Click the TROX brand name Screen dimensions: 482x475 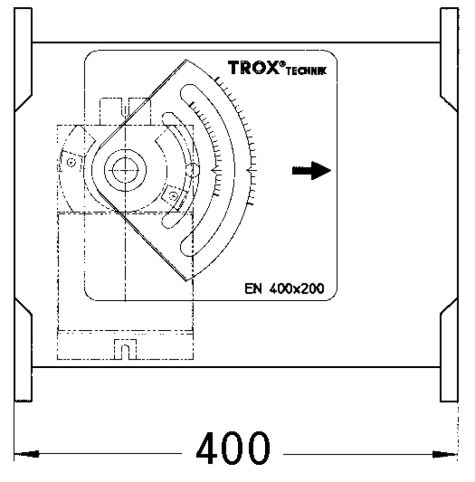click(x=254, y=67)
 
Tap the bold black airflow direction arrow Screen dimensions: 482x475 click(x=312, y=170)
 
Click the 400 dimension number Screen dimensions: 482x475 click(x=233, y=448)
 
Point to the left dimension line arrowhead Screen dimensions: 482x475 click(x=27, y=454)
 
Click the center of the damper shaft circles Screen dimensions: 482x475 click(x=125, y=170)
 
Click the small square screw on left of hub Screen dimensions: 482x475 click(x=71, y=162)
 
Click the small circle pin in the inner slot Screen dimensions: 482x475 click(x=193, y=170)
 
